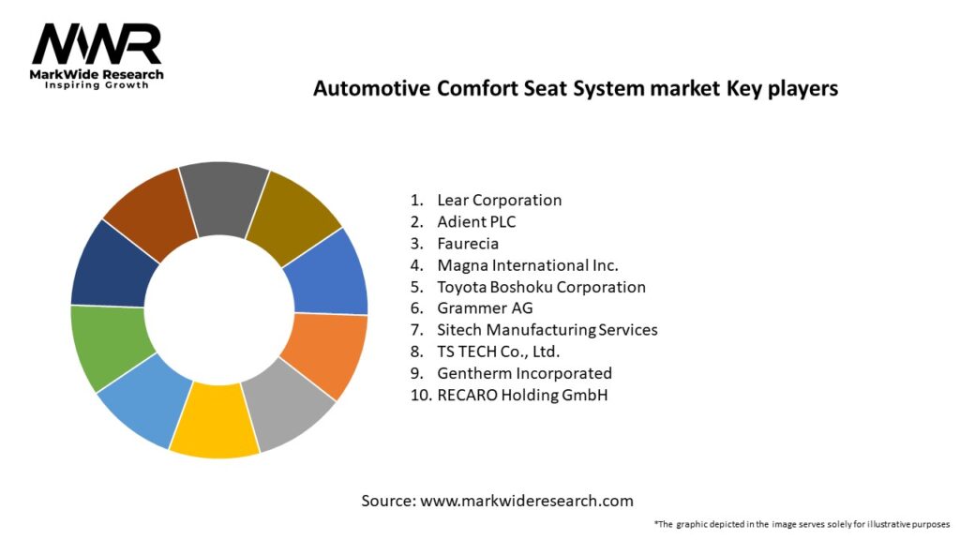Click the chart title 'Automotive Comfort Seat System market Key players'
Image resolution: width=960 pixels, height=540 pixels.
(576, 89)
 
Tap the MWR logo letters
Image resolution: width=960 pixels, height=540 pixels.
(97, 44)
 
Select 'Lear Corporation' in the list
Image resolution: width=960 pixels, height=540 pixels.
(499, 201)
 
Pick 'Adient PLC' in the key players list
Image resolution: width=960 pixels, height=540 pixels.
(476, 221)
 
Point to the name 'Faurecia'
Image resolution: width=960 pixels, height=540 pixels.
(468, 244)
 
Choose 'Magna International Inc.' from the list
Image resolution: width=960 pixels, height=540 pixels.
(528, 265)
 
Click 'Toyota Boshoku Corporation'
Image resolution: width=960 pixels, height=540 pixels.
(541, 287)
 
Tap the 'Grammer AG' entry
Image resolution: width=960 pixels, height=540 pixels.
(485, 307)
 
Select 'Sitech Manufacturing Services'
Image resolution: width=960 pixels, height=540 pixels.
(547, 330)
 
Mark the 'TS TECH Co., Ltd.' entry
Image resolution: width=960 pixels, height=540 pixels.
(499, 352)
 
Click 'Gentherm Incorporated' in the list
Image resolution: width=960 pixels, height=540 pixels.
(524, 373)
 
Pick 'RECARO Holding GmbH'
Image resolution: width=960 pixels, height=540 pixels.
(522, 395)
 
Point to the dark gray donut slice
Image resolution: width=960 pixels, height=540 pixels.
(223, 198)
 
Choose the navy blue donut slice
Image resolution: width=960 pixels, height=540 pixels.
(112, 266)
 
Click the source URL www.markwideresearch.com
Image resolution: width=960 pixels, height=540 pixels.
(527, 501)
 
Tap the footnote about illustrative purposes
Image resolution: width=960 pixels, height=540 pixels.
(802, 525)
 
